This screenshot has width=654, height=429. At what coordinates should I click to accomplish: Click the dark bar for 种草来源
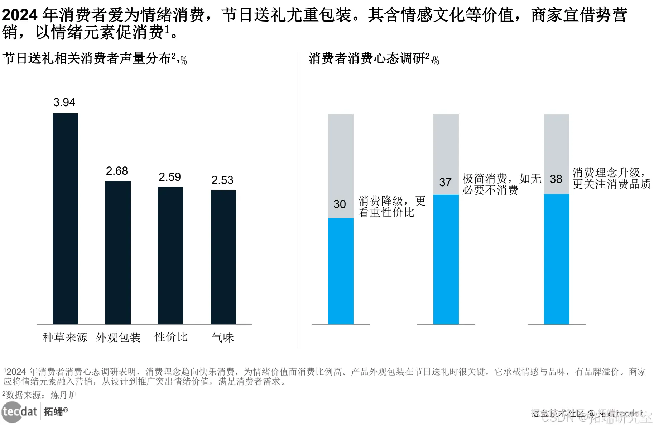coord(65,219)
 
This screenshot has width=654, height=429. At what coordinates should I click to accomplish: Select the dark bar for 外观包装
coord(118,253)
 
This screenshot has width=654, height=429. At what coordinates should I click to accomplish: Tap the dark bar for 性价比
coord(170,255)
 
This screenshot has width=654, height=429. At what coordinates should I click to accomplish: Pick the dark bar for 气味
coord(223,257)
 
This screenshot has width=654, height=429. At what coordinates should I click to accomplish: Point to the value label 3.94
coord(64,102)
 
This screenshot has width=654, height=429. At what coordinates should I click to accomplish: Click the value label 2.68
coord(117,171)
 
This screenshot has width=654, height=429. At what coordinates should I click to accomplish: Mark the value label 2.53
coord(222,180)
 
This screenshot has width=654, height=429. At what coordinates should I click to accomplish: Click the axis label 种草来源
coord(65,337)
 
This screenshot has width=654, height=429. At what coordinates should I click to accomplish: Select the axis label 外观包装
coord(118,337)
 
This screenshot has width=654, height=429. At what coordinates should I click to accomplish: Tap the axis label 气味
coord(223,337)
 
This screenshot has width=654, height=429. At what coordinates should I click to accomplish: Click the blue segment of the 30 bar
coord(341,271)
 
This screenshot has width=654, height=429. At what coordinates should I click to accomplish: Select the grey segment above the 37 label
coord(446,143)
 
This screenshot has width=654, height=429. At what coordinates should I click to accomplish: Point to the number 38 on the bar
coord(556,179)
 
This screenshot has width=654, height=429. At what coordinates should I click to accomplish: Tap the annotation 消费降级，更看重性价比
coord(392,207)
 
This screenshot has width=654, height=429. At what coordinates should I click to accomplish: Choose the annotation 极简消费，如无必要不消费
coord(501,184)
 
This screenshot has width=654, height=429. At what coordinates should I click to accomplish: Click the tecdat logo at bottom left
coord(20,411)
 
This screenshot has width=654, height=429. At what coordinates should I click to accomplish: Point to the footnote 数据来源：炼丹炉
coord(40,395)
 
